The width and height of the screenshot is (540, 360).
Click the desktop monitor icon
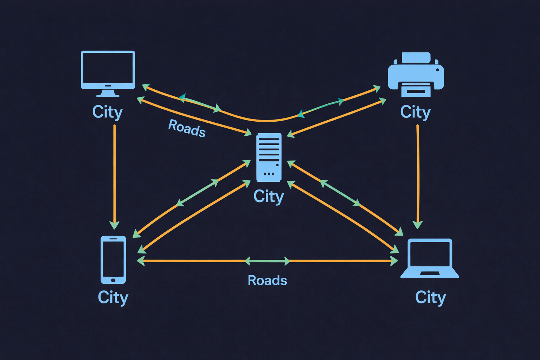pyautogui.click(x=108, y=70)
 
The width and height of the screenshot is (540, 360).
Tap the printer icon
pyautogui.click(x=416, y=75)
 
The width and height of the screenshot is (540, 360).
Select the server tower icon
pyautogui.click(x=269, y=157)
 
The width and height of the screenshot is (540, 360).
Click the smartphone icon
pyautogui.click(x=113, y=259)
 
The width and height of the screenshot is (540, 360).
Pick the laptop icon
pyautogui.click(x=430, y=258)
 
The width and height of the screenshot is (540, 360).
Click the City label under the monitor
pyautogui.click(x=107, y=112)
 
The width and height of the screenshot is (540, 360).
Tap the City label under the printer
pyautogui.click(x=415, y=112)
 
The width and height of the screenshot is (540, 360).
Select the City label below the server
pyautogui.click(x=269, y=196)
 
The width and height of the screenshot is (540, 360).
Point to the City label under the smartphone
pyautogui.click(x=113, y=297)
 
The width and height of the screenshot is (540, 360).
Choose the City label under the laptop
pyautogui.click(x=430, y=297)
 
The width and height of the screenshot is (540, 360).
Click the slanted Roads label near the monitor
pyautogui.click(x=187, y=128)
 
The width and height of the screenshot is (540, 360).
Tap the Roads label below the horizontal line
pyautogui.click(x=267, y=281)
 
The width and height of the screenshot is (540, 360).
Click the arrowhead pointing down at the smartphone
pyautogui.click(x=114, y=225)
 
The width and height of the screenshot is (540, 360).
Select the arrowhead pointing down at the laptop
pyautogui.click(x=417, y=225)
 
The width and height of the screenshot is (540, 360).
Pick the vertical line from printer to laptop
pyautogui.click(x=418, y=172)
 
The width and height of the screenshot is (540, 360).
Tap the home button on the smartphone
pyautogui.click(x=113, y=280)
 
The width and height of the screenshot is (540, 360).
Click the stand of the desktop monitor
pyautogui.click(x=108, y=93)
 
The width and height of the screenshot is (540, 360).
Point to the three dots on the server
pyautogui.click(x=269, y=174)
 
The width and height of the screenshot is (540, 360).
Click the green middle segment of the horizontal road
pyautogui.click(x=267, y=261)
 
